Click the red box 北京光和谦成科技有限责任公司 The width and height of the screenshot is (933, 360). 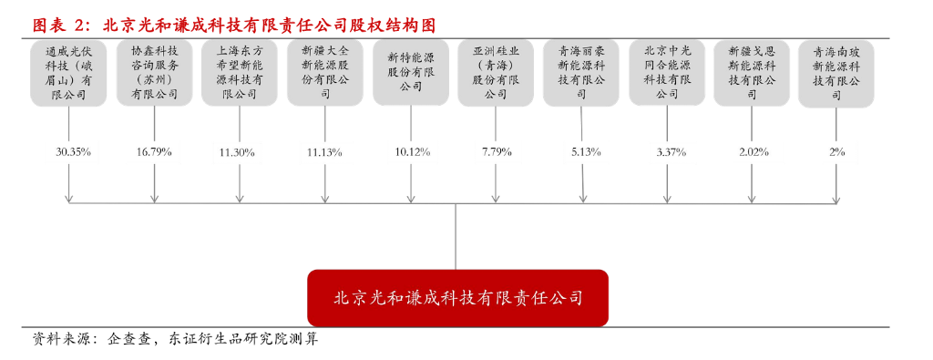[456, 298]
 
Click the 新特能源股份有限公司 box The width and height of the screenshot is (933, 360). [410, 70]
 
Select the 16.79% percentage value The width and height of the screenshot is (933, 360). [154, 151]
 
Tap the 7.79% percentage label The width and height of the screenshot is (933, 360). [496, 151]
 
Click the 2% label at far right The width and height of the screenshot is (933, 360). [837, 151]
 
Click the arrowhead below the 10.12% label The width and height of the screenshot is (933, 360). [410, 199]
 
